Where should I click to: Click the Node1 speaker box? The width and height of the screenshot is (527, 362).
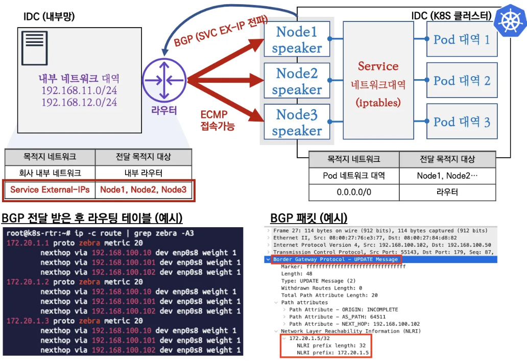pyautogui.click(x=297, y=40)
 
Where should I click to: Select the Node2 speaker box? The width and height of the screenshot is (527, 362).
pyautogui.click(x=297, y=81)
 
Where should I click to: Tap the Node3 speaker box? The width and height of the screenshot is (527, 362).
pyautogui.click(x=297, y=123)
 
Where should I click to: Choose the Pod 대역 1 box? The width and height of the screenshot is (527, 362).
pyautogui.click(x=462, y=39)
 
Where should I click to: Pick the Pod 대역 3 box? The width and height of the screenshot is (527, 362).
pyautogui.click(x=462, y=122)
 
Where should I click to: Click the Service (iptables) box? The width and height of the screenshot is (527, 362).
pyautogui.click(x=378, y=80)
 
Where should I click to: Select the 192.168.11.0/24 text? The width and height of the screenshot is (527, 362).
pyautogui.click(x=79, y=91)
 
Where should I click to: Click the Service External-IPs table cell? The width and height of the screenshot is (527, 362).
pyautogui.click(x=50, y=190)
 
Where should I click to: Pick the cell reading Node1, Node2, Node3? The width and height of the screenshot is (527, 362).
pyautogui.click(x=143, y=190)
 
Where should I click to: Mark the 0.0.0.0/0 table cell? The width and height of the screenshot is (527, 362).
pyautogui.click(x=354, y=192)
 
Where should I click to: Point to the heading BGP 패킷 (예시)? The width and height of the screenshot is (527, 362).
pyautogui.click(x=308, y=218)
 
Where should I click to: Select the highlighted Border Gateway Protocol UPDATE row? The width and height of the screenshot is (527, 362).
pyautogui.click(x=336, y=259)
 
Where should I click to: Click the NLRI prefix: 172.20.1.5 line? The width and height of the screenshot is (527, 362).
pyautogui.click(x=333, y=352)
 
